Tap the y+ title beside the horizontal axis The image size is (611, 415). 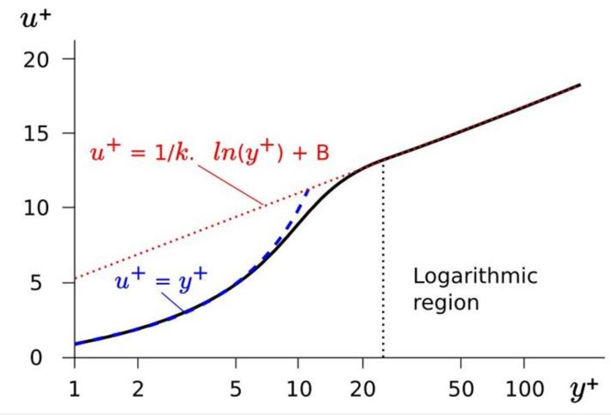click(x=583, y=391)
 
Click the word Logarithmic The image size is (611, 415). click(x=475, y=276)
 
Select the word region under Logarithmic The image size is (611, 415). click(x=446, y=303)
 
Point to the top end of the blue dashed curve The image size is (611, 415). click(x=308, y=190)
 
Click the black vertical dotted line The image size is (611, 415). click(x=383, y=265)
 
